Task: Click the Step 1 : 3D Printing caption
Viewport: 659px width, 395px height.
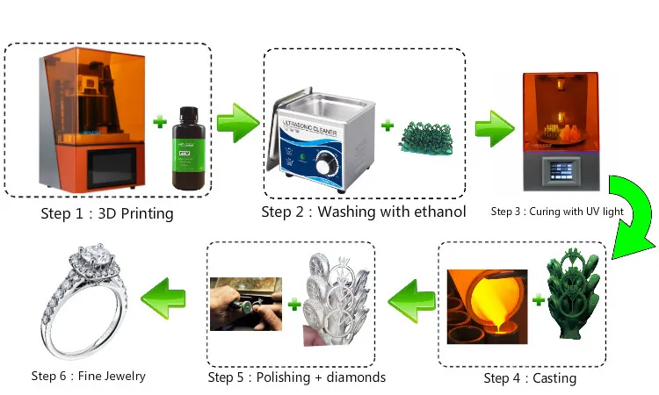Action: pyautogui.click(x=108, y=213)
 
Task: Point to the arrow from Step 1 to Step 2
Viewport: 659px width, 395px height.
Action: pyautogui.click(x=237, y=122)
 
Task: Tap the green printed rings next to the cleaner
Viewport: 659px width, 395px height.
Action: pyautogui.click(x=425, y=135)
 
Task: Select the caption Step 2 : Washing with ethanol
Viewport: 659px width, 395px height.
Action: pyautogui.click(x=364, y=212)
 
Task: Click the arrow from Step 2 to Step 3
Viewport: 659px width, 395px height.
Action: pyautogui.click(x=495, y=128)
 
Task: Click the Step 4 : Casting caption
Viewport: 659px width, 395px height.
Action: pyautogui.click(x=530, y=377)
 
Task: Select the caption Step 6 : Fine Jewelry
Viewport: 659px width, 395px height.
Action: pyautogui.click(x=89, y=376)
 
